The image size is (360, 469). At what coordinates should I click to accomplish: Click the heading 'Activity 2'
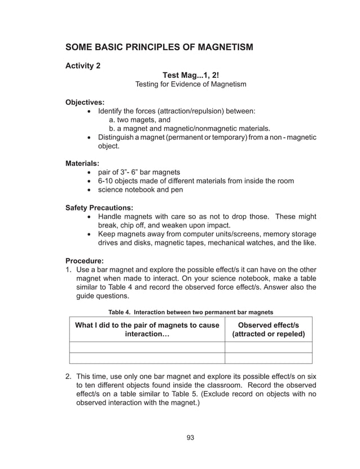(83, 65)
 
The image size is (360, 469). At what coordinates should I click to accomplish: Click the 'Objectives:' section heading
(85, 102)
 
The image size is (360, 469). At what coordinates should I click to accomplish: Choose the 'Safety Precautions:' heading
(99, 208)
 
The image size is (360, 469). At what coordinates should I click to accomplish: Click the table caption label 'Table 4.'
(121, 312)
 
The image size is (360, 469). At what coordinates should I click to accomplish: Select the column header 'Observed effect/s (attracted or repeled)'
(269, 330)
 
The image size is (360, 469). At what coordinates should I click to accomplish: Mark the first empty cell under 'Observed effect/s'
(269, 347)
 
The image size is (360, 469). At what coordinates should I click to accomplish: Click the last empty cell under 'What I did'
(147, 358)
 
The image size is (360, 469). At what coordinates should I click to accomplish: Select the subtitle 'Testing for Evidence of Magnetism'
(191, 84)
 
